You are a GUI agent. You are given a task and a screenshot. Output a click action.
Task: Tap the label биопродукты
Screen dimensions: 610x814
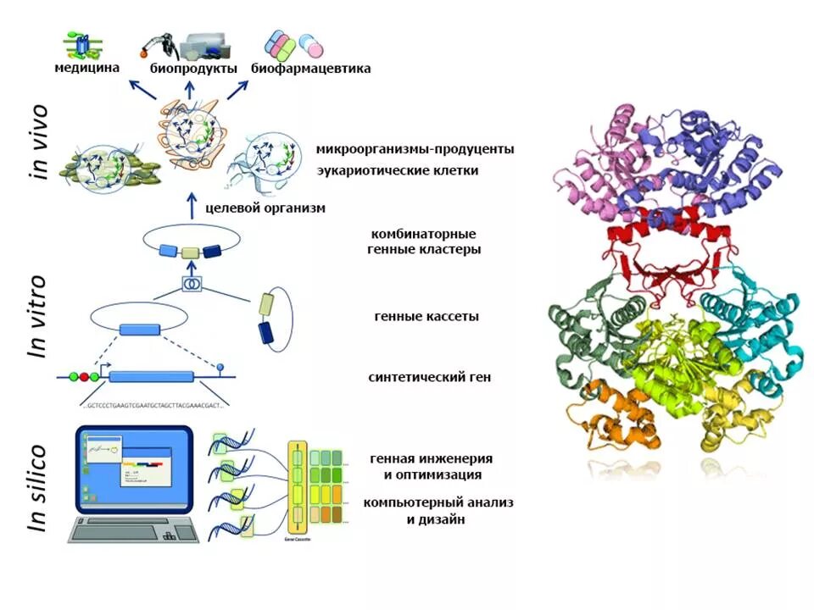[x=193, y=69]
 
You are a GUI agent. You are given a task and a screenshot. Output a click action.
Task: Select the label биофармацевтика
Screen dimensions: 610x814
[x=310, y=69]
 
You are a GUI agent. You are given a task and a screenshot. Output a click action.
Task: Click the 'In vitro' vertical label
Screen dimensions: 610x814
[x=38, y=316]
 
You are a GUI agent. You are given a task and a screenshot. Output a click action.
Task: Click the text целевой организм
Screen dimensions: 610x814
[x=265, y=208]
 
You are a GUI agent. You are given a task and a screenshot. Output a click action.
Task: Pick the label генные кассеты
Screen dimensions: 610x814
[x=426, y=316]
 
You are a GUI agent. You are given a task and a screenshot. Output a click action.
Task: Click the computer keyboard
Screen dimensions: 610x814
[x=136, y=530]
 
